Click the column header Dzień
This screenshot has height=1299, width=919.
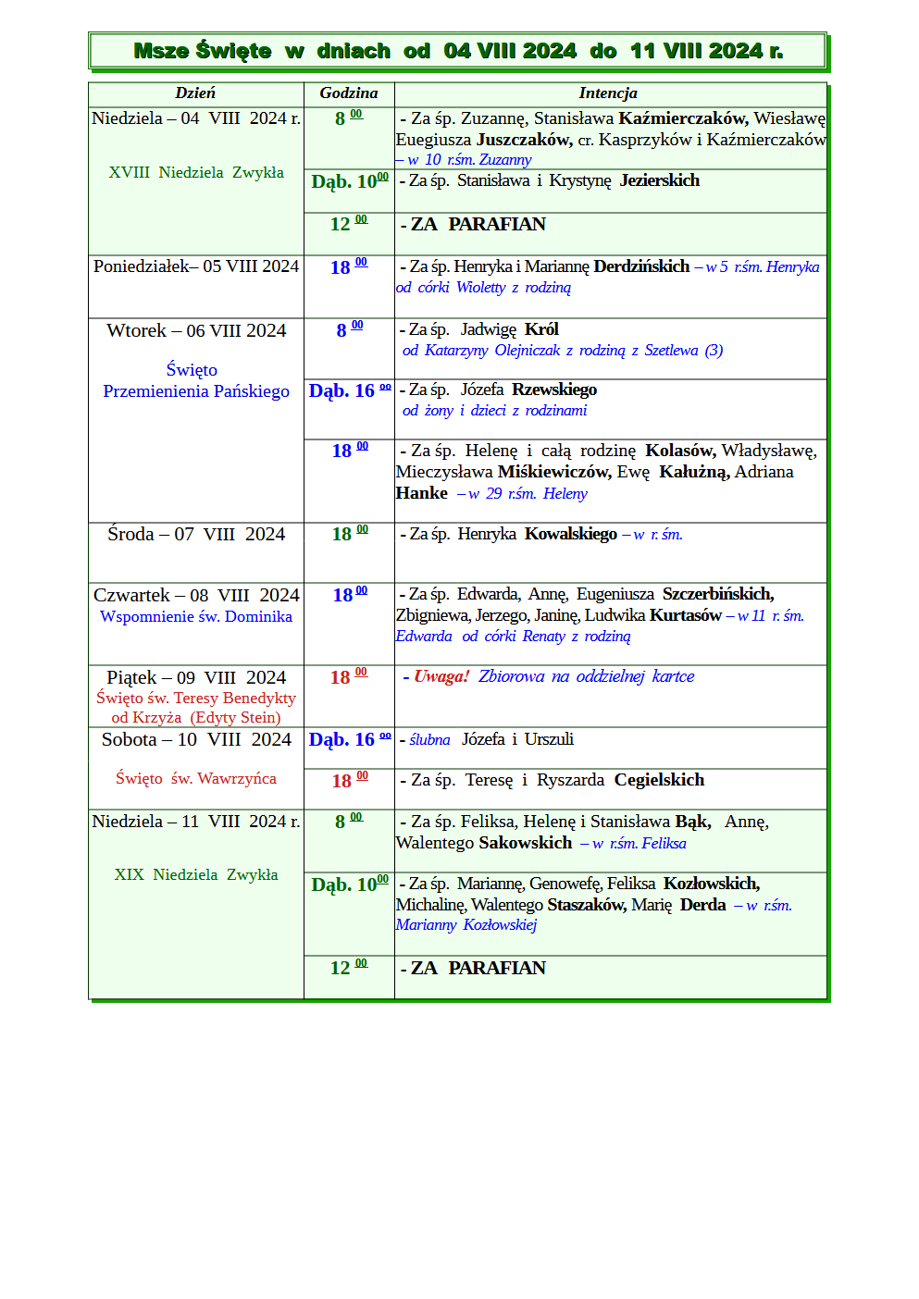coord(195,93)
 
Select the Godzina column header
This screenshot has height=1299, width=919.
coord(349,93)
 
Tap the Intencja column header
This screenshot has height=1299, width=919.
coord(608,93)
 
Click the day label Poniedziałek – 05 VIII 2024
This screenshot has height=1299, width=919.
coord(196,266)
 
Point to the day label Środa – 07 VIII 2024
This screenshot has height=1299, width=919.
coord(196,534)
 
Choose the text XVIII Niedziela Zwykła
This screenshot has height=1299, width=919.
coord(196,172)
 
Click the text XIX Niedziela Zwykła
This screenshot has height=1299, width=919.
coord(196,874)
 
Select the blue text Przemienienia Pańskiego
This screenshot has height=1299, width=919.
coord(196,391)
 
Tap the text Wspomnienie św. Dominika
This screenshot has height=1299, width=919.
coord(196,616)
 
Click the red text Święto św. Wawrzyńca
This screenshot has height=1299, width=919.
coord(196,778)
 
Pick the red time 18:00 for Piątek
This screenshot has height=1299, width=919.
coord(348,676)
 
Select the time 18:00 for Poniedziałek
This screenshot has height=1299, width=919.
coord(348,266)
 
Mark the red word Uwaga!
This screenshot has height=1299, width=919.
coord(441,676)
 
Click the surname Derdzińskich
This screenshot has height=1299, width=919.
coord(641,266)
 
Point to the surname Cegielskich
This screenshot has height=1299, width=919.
coord(659,780)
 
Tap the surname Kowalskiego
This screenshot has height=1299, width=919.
coord(570,534)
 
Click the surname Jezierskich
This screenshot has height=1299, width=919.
coord(659,180)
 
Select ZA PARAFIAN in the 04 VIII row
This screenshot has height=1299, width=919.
coord(478,224)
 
